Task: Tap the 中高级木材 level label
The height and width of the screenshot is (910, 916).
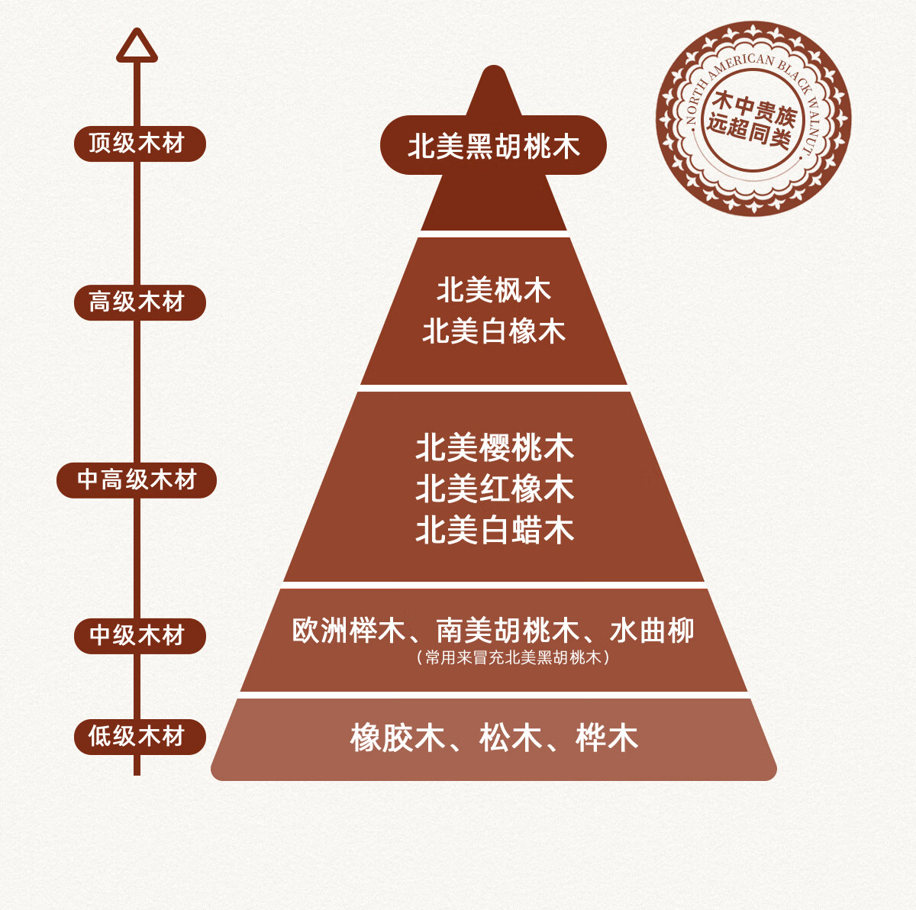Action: (x=137, y=480)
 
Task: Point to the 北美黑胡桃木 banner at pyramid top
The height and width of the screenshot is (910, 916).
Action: (x=493, y=146)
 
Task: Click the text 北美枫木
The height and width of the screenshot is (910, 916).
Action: (x=494, y=290)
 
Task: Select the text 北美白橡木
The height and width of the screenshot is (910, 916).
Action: (x=494, y=331)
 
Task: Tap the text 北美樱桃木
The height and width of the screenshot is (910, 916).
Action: (x=494, y=448)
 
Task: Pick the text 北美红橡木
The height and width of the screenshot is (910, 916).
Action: (x=494, y=489)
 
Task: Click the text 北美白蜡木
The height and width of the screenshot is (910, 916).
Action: (x=494, y=531)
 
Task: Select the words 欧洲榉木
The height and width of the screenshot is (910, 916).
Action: (x=348, y=631)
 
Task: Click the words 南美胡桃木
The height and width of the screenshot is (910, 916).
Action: (x=508, y=631)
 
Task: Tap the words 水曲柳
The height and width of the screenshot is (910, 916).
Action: (x=652, y=631)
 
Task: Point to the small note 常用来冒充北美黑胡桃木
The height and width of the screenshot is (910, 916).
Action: (x=513, y=657)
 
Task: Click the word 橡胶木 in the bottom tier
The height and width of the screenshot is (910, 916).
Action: (x=398, y=738)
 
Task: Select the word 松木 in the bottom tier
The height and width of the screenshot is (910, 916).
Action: (x=510, y=738)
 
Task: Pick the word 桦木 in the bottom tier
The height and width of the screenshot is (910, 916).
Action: (x=607, y=738)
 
